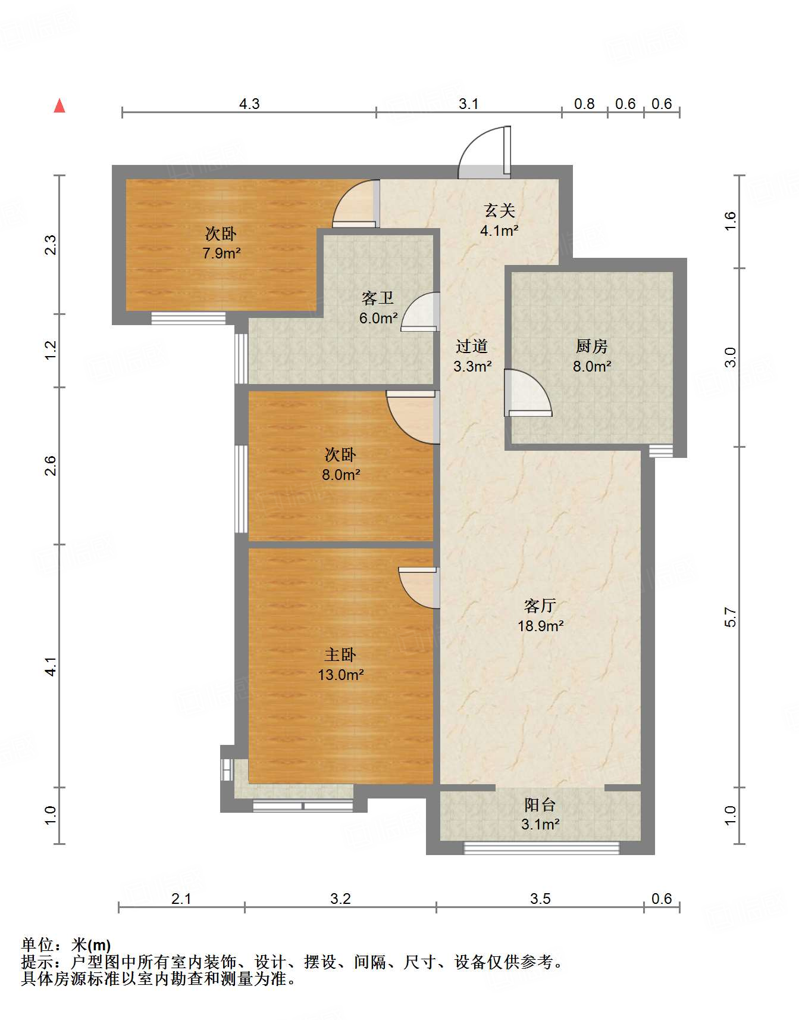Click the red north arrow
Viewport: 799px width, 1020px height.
tap(59, 105)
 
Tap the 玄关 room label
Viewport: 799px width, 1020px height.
tap(499, 210)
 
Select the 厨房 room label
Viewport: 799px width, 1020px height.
tap(591, 346)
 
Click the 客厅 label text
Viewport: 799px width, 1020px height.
tap(540, 606)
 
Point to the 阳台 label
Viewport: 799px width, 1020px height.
tap(540, 805)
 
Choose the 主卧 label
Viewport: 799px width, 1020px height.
tap(340, 655)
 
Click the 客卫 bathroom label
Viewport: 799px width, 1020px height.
tap(378, 298)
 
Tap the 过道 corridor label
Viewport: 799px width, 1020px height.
tap(472, 346)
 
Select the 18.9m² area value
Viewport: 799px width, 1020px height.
tap(540, 626)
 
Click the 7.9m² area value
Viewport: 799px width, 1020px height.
tap(221, 253)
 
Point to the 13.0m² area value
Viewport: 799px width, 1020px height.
tap(340, 675)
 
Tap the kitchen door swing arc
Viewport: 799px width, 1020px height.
tap(535, 387)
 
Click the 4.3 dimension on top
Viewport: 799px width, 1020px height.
tap(249, 104)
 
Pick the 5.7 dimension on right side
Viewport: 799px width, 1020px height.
tap(731, 617)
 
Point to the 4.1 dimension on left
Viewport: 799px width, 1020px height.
tap(51, 666)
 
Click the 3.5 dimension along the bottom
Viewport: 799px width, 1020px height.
tap(540, 899)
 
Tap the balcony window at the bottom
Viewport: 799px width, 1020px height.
tap(541, 848)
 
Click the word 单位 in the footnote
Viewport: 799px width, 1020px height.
tap(37, 944)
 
